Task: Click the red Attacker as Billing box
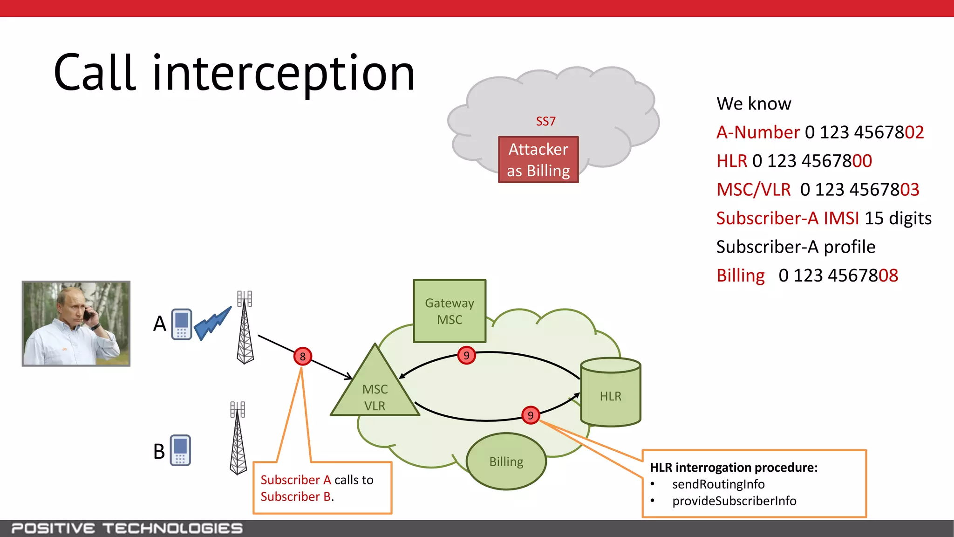(x=538, y=160)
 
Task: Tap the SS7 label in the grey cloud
(x=545, y=122)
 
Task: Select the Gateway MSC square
(x=450, y=311)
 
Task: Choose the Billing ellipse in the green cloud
(x=506, y=461)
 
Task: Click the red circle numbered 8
(x=303, y=357)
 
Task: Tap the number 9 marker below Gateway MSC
(x=466, y=356)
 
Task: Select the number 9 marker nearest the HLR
(x=531, y=415)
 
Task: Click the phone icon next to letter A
(x=181, y=324)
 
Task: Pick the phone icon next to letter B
(x=180, y=450)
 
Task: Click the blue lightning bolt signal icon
(x=212, y=323)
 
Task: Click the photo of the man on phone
(x=76, y=324)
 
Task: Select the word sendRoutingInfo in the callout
(x=718, y=484)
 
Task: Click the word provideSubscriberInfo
(x=734, y=501)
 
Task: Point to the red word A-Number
(x=758, y=132)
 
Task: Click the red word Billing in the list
(x=740, y=275)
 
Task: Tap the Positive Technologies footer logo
(x=127, y=528)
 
